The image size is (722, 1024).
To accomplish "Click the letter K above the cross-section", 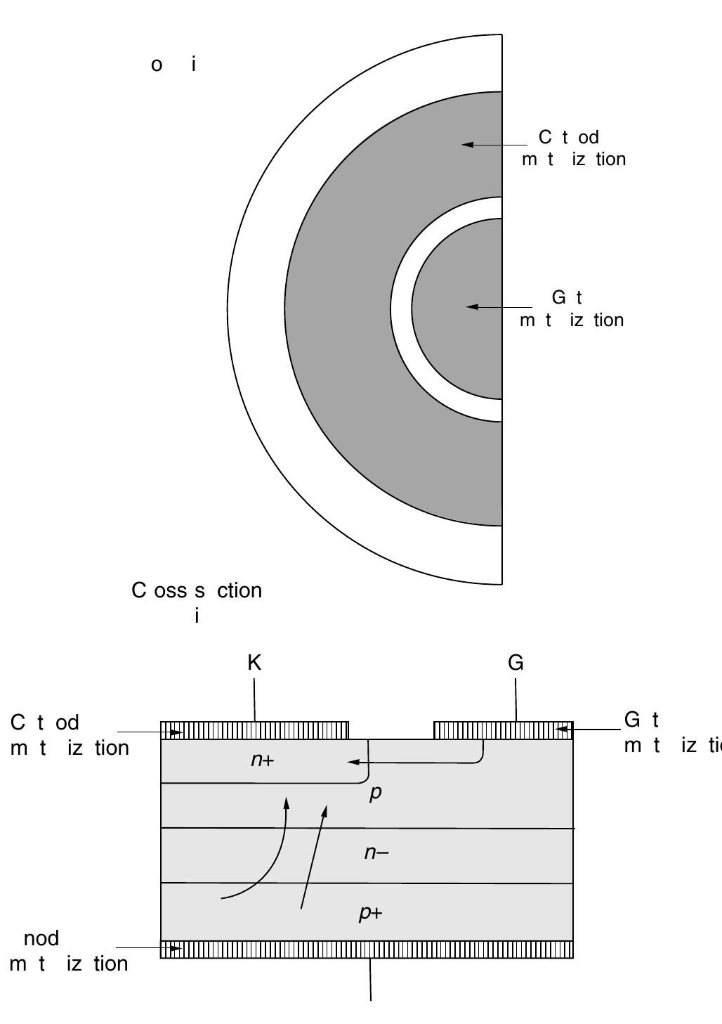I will click(254, 663).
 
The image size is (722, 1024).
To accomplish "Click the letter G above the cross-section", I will click(516, 663).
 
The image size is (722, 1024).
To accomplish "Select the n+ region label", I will click(262, 760).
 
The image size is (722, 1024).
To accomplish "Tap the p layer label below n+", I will click(376, 792).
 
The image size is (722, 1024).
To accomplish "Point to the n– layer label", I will click(376, 853).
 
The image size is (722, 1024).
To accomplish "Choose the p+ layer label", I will click(371, 913).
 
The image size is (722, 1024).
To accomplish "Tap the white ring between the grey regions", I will click(401, 309).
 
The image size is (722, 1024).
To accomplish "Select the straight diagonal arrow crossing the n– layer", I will click(313, 857).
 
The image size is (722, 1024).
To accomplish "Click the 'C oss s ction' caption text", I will click(197, 590).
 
